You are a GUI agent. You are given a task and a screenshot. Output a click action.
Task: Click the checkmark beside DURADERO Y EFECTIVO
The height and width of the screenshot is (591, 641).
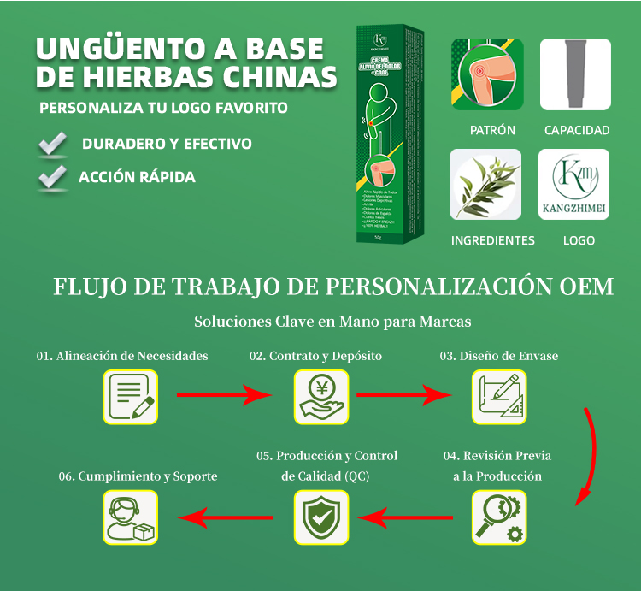54,144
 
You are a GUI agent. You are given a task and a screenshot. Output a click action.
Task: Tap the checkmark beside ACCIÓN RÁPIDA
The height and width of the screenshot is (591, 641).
53,176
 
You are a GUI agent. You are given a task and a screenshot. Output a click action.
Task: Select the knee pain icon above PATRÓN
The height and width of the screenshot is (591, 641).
486,74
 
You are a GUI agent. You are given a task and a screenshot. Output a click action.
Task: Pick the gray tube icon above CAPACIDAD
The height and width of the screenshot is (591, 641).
575,74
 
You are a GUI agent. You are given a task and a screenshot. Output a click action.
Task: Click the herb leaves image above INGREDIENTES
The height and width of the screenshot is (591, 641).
485,185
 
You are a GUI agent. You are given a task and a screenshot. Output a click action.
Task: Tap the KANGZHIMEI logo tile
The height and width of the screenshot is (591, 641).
574,185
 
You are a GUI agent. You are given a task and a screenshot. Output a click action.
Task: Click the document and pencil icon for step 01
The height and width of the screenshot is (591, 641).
131,397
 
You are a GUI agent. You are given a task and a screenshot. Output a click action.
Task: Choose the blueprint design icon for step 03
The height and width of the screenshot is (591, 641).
499,397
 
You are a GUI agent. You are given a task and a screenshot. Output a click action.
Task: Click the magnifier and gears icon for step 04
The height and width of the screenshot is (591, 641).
499,517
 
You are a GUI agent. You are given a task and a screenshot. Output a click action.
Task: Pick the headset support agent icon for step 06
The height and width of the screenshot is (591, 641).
131,517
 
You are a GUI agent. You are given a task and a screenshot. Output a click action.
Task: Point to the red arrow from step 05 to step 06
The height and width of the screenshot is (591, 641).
225,517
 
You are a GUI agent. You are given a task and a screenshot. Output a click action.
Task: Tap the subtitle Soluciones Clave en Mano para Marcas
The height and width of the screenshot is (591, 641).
332,322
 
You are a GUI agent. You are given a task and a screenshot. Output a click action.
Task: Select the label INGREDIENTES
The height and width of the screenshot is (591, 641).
492,240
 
